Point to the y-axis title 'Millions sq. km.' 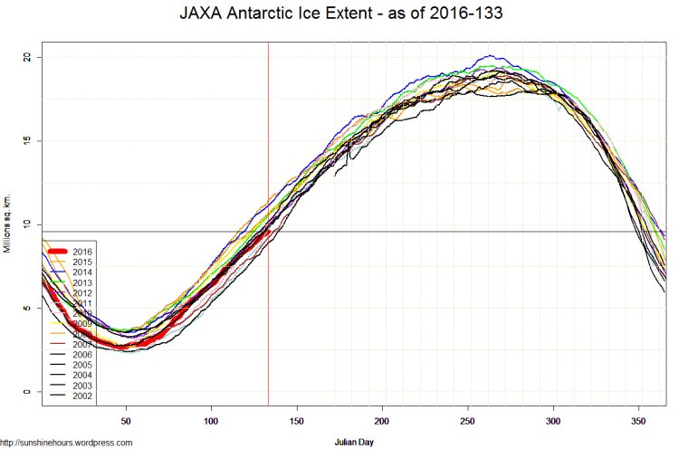pos(8,224)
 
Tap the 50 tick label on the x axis pos(126,421)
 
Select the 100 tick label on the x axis pos(211,421)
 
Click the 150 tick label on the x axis pos(297,421)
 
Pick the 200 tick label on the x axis pos(382,421)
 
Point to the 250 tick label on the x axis pos(467,421)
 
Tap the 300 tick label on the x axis pos(553,421)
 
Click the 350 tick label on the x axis pos(638,421)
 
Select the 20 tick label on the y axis pos(28,57)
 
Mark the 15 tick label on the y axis pos(28,140)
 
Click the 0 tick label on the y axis pos(28,392)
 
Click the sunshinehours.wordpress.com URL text pos(66,443)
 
